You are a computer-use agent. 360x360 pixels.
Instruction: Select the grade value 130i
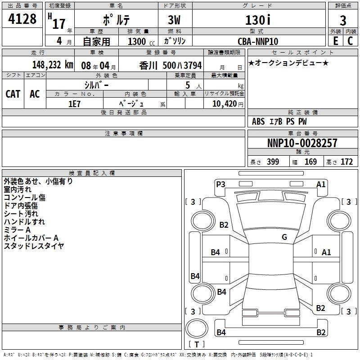(257, 21)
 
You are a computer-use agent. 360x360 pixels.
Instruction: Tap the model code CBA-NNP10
(257, 41)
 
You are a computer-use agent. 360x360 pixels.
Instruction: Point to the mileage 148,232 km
(53, 64)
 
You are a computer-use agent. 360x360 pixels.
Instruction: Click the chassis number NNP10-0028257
(302, 144)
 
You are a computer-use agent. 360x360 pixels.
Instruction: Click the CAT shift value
(13, 94)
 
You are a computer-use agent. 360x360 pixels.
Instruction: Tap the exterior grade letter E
(335, 41)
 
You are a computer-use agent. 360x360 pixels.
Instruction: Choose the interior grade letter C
(350, 41)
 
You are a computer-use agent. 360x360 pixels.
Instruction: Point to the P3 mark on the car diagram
(220, 184)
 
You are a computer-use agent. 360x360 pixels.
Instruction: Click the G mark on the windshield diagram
(284, 237)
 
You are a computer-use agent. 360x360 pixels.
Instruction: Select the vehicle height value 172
(346, 162)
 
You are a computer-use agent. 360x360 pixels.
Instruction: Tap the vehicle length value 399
(273, 162)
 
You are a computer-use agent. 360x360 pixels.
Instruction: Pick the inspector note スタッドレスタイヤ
(34, 246)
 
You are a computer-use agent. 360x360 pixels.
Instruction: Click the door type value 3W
(175, 21)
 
